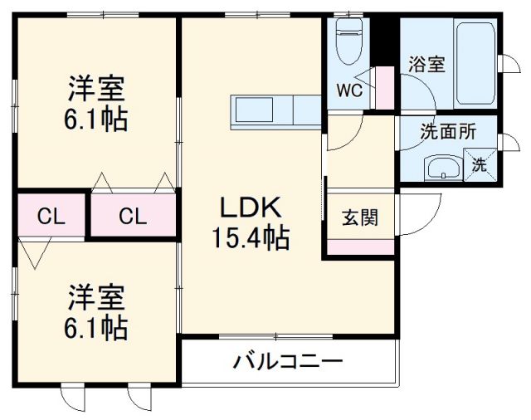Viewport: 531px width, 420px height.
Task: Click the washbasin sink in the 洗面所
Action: tap(443, 168)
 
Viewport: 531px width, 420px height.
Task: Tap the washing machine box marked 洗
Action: tap(480, 164)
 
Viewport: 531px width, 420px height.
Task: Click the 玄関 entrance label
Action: tap(360, 218)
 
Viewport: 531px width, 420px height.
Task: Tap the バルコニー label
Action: tap(288, 362)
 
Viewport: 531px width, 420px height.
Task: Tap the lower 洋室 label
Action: tap(97, 296)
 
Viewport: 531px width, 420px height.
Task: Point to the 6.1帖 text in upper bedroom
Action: tap(97, 120)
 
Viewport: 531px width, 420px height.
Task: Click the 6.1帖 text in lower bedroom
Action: tap(97, 329)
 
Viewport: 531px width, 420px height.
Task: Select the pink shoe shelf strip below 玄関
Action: tap(360, 247)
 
